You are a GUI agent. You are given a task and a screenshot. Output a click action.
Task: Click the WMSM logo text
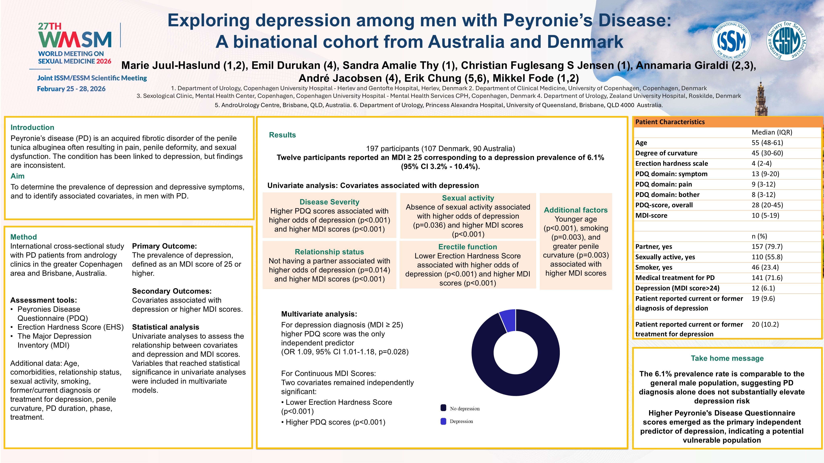point(75,40)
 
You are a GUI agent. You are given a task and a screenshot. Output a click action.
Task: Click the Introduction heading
point(32,127)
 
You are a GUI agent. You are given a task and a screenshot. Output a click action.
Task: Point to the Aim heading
point(18,176)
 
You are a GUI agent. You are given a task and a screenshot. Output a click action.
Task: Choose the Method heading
point(24,237)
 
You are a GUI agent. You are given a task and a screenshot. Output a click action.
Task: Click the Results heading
point(282,135)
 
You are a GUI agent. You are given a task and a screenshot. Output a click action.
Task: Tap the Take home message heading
point(727,358)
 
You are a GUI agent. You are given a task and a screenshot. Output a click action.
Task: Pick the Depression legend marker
point(443,421)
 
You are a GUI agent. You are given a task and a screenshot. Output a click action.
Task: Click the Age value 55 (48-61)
point(767,143)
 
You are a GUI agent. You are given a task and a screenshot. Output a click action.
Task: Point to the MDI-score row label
point(651,215)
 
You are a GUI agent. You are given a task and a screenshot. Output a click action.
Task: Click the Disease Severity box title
point(329,202)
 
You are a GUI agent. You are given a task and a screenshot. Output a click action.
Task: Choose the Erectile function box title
point(467,247)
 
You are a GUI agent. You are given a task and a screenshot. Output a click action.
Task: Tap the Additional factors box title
point(575,210)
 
